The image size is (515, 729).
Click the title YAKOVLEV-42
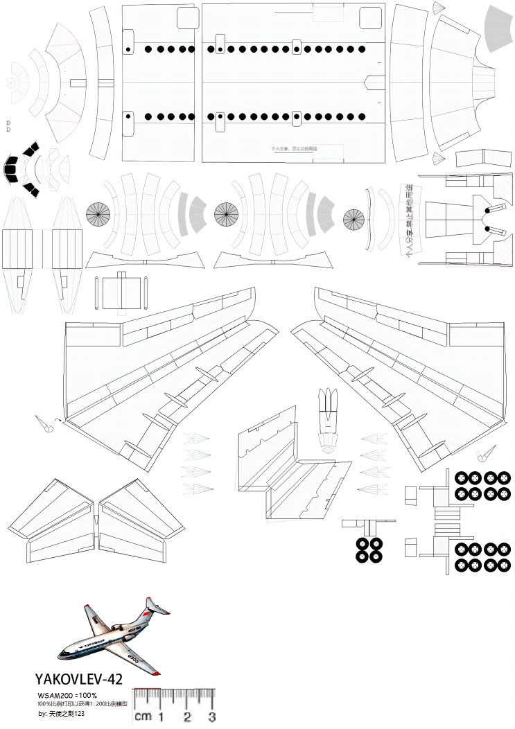point(78,680)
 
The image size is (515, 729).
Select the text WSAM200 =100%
point(67,695)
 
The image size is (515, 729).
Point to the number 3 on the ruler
point(212,717)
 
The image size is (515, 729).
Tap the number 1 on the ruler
point(162,717)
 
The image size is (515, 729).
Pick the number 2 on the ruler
point(187,717)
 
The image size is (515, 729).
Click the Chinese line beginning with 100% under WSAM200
point(82,703)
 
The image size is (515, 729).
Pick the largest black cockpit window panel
point(11,168)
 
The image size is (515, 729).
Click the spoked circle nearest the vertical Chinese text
point(353,220)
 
